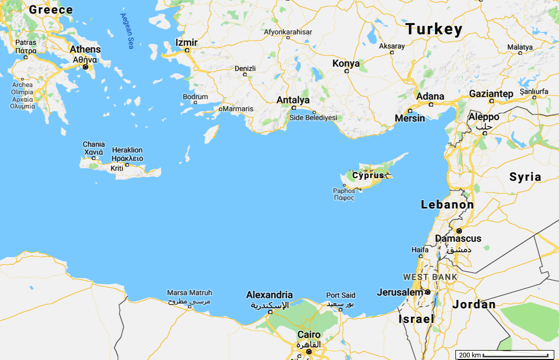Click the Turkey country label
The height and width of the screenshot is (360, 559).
click(x=434, y=29)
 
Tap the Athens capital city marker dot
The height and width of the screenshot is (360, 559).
click(x=85, y=67)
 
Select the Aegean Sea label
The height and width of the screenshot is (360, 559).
click(x=125, y=32)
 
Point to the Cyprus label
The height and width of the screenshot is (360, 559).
click(x=372, y=175)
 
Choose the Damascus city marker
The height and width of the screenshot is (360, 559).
click(x=459, y=230)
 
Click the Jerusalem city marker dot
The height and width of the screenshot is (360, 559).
click(x=428, y=292)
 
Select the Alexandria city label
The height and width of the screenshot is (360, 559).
click(x=269, y=295)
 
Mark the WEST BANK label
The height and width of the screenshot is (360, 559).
click(x=430, y=277)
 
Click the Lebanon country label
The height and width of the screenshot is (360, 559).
click(x=448, y=205)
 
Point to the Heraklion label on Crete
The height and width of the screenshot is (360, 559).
click(x=127, y=150)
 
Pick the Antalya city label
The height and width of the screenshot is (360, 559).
click(x=293, y=100)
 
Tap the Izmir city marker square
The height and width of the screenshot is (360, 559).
click(x=187, y=51)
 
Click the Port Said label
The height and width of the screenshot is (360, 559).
click(x=340, y=295)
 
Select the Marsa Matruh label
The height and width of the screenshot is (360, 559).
click(x=189, y=293)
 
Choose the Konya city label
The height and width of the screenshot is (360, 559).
click(x=346, y=63)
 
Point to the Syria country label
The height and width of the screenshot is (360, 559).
click(x=525, y=177)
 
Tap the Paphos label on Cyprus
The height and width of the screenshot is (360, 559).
click(x=344, y=191)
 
